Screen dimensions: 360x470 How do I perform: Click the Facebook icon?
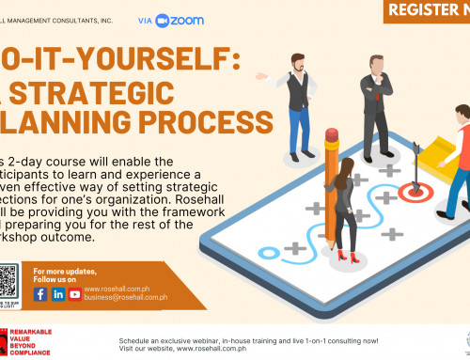click(x=40, y=294)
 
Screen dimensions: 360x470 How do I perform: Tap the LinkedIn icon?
click(x=57, y=294)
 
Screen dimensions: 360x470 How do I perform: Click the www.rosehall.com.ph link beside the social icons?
click(x=117, y=290)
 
